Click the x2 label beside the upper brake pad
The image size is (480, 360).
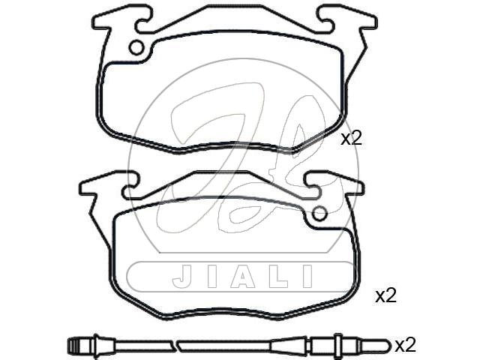[x=352, y=138]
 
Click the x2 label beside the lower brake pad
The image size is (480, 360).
[x=386, y=296]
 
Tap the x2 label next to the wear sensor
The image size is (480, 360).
[x=405, y=345]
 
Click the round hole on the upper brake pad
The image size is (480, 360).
[x=136, y=48]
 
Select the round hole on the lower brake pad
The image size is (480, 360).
[x=319, y=214]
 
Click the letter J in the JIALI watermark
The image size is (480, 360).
[x=182, y=276]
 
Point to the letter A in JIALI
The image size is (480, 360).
[x=243, y=276]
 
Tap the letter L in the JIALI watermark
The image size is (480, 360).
[x=278, y=276]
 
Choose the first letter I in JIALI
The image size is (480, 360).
[x=212, y=276]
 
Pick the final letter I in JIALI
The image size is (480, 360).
[x=307, y=276]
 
